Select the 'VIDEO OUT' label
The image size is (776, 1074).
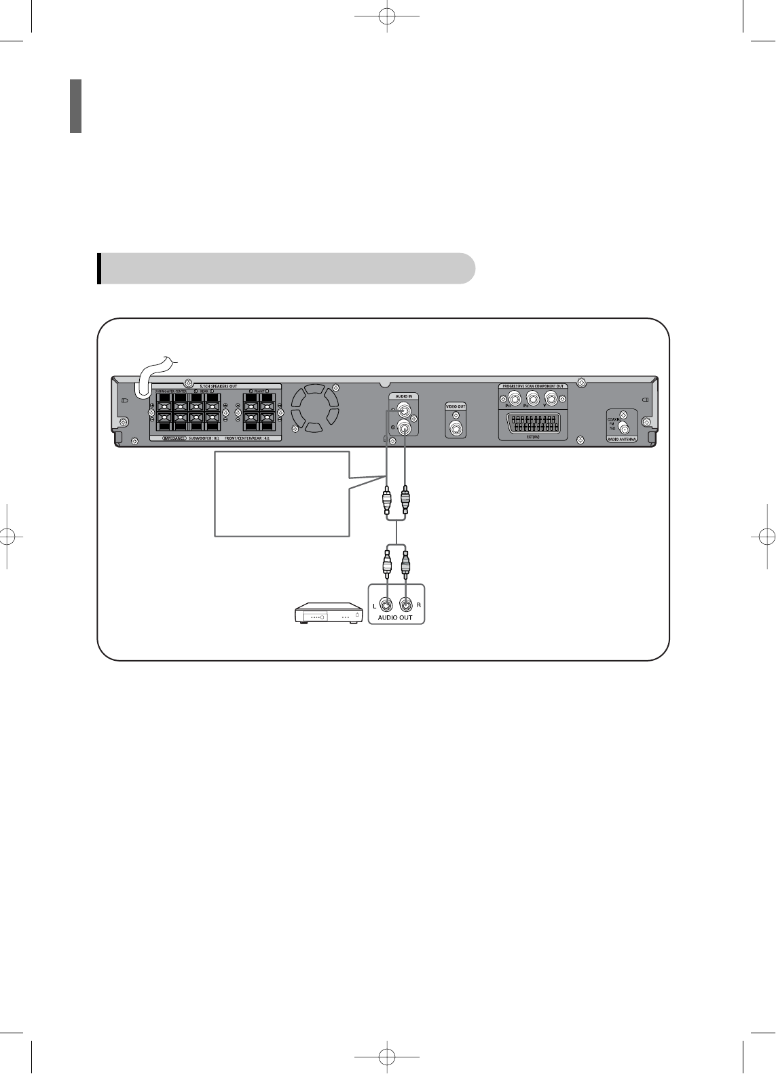(456, 406)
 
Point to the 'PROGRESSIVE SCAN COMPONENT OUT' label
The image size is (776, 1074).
(533, 386)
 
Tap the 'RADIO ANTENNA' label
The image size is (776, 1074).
(622, 440)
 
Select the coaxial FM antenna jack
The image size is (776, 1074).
(625, 428)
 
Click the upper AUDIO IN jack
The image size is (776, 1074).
(405, 410)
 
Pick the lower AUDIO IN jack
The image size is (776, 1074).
(405, 427)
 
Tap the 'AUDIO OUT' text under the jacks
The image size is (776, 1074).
(395, 617)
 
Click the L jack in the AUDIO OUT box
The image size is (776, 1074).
(386, 603)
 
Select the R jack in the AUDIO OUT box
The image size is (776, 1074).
(405, 603)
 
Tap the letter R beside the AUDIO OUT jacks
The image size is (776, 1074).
(418, 604)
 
